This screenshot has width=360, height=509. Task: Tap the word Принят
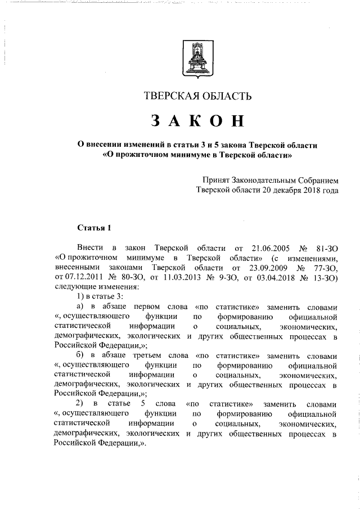pos(216,181)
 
